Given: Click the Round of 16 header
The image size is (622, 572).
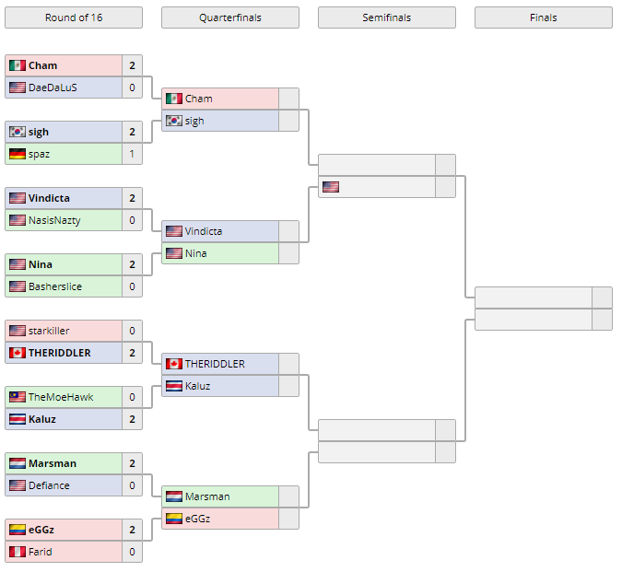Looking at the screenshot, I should (x=74, y=18).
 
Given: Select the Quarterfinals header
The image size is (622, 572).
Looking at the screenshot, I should (x=229, y=18).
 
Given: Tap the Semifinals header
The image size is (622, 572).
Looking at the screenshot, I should (x=386, y=18).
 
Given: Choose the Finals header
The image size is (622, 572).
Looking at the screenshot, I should (x=543, y=18).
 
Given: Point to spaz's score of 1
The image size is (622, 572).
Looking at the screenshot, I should (x=132, y=154).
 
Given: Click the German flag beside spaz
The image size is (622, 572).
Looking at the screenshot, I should (x=18, y=154).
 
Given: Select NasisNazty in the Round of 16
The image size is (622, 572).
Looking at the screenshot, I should (x=54, y=220).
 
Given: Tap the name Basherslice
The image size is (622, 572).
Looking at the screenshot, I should (x=54, y=286).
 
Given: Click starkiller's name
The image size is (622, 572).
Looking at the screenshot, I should (x=49, y=331).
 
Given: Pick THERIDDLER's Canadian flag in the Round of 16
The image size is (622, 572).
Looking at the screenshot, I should (x=18, y=353).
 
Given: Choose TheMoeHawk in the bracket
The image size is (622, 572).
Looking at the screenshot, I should (x=61, y=397).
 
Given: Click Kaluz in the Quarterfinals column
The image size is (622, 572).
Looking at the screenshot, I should (x=197, y=386).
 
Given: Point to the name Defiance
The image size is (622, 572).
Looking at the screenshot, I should (x=49, y=485).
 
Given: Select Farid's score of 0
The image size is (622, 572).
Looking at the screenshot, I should (x=132, y=552).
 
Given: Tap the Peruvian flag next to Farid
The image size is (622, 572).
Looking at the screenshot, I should (x=18, y=552).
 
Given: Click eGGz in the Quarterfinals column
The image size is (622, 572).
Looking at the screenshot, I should (x=197, y=519).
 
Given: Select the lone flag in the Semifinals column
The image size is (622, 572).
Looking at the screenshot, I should (x=331, y=187).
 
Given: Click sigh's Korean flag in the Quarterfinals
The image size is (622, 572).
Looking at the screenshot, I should (x=174, y=121).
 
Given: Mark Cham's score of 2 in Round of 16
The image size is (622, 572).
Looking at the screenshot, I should (x=132, y=65).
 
